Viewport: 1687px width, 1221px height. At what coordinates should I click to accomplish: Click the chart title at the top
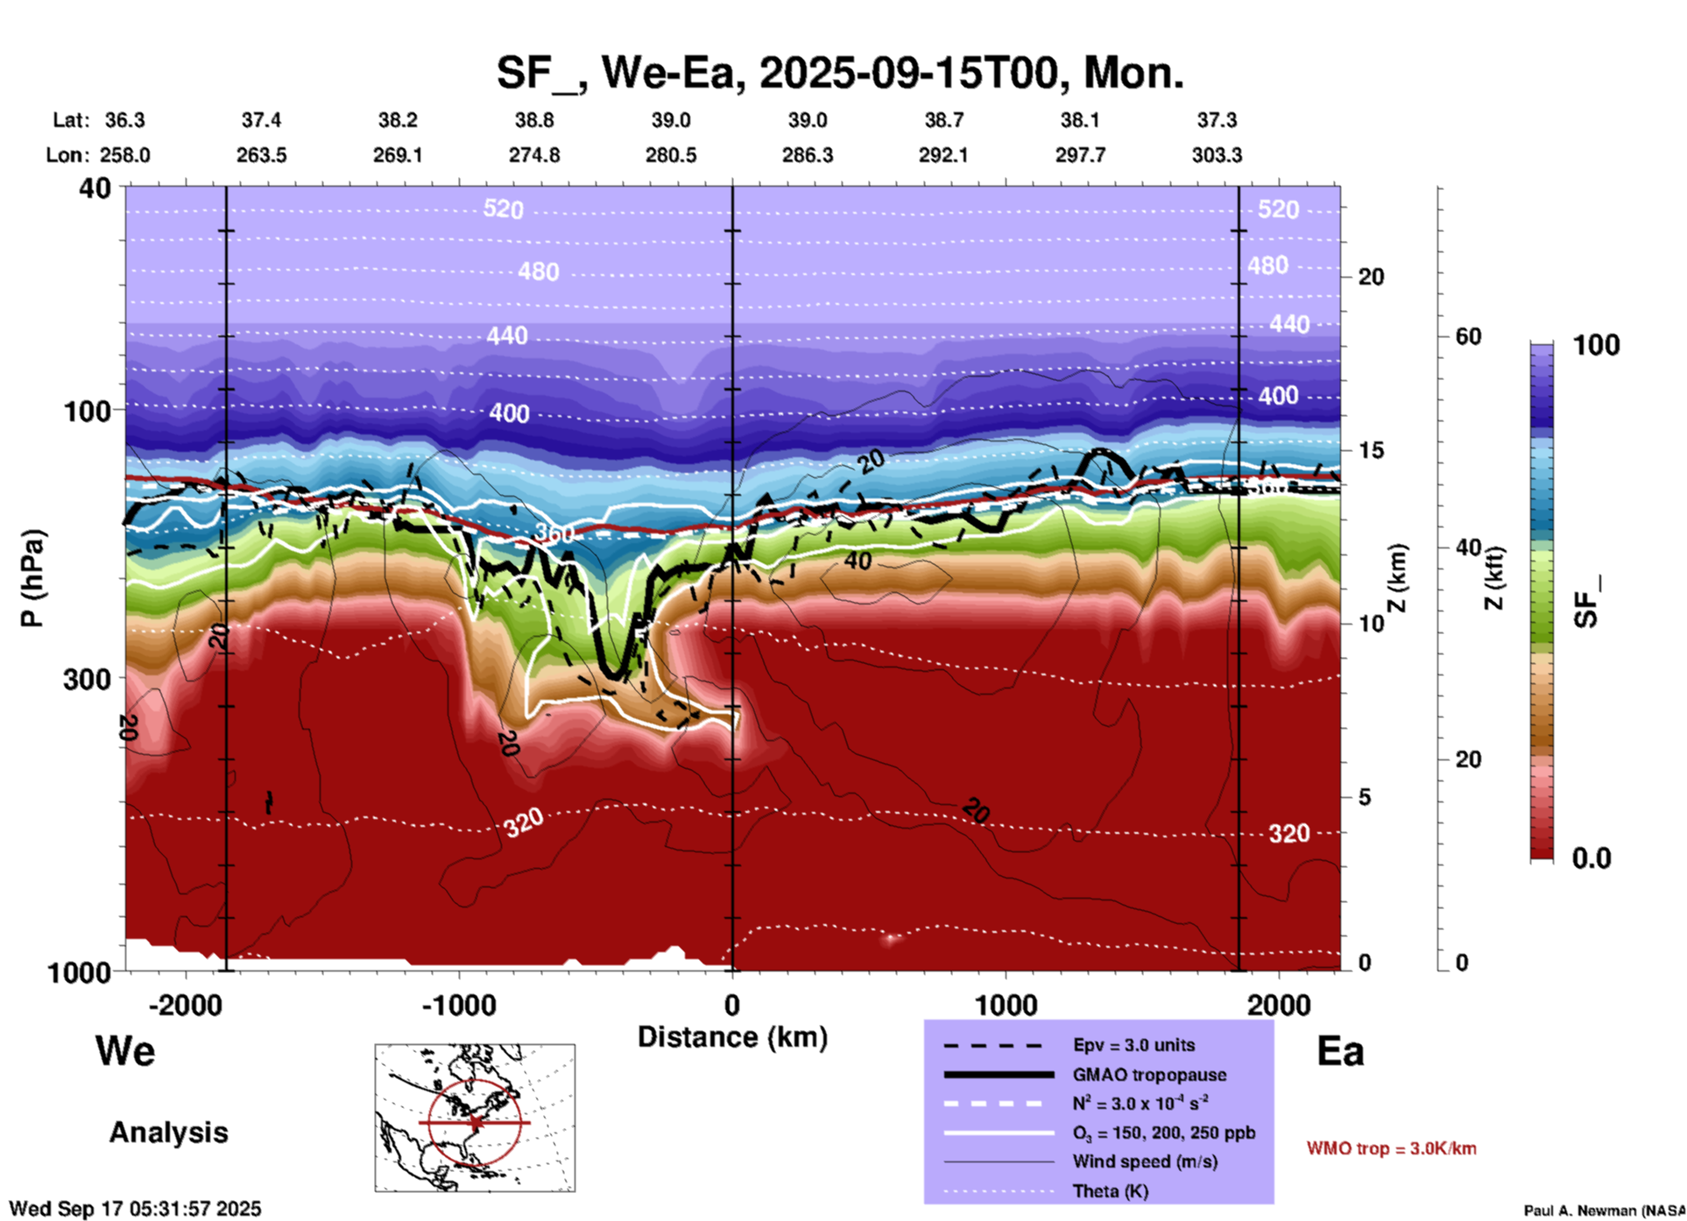coord(840,73)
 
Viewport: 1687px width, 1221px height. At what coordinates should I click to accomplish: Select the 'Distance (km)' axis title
coord(732,1037)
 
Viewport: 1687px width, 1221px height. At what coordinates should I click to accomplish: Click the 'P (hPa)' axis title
coord(32,578)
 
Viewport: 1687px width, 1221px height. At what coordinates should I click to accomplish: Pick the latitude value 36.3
coord(124,120)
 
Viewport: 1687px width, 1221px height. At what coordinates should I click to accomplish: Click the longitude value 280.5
coord(671,155)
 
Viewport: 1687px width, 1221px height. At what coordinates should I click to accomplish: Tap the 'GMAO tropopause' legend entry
coord(1149,1075)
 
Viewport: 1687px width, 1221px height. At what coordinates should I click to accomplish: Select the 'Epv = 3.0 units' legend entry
coord(1133,1045)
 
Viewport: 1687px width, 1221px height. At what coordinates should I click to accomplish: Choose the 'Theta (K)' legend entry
coord(1110,1191)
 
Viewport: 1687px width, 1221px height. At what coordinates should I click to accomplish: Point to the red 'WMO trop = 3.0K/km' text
coord(1391,1148)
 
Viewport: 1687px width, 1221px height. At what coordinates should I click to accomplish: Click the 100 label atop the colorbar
coord(1596,345)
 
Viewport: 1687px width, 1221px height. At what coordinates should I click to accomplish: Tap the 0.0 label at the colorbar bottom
coord(1592,858)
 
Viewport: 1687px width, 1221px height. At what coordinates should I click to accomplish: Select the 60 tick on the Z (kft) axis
coord(1468,336)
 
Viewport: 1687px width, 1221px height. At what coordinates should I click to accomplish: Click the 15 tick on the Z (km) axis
coord(1370,450)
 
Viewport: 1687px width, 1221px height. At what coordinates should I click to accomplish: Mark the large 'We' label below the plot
coord(125,1051)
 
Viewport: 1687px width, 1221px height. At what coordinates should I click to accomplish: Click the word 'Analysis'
coord(168,1133)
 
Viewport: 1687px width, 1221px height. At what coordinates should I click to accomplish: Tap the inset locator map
coord(475,1118)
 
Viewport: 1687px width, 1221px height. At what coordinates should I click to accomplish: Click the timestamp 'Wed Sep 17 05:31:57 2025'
coord(135,1209)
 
